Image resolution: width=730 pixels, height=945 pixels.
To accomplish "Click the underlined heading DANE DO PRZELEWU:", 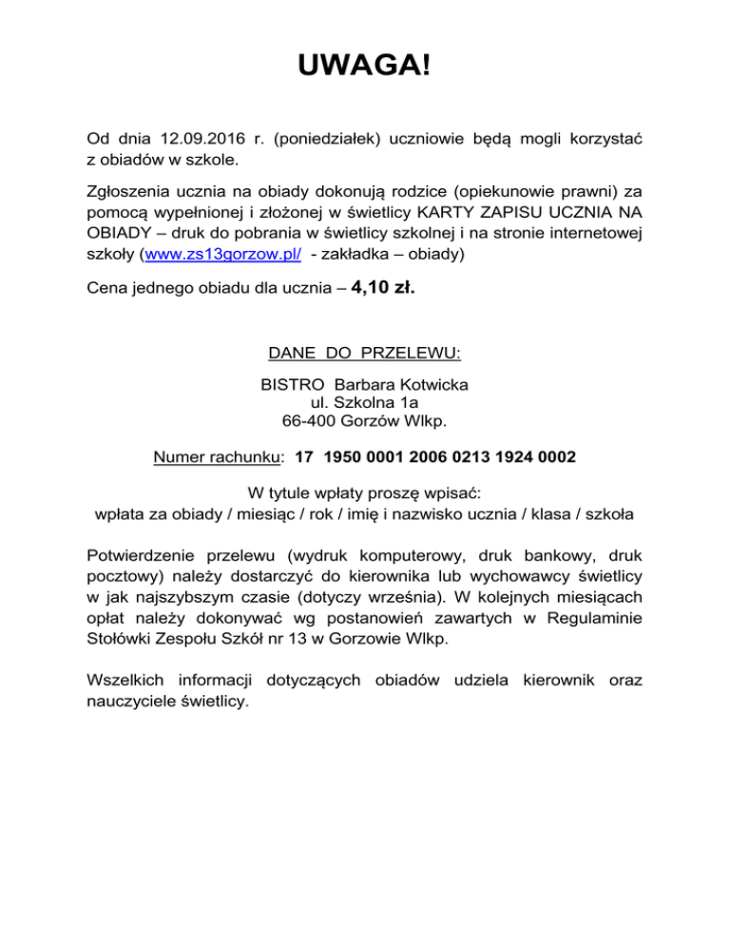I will (x=365, y=354).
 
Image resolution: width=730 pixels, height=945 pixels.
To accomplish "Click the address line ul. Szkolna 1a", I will (x=365, y=403).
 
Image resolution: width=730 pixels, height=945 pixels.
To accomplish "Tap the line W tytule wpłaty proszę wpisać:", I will (x=365, y=494).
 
